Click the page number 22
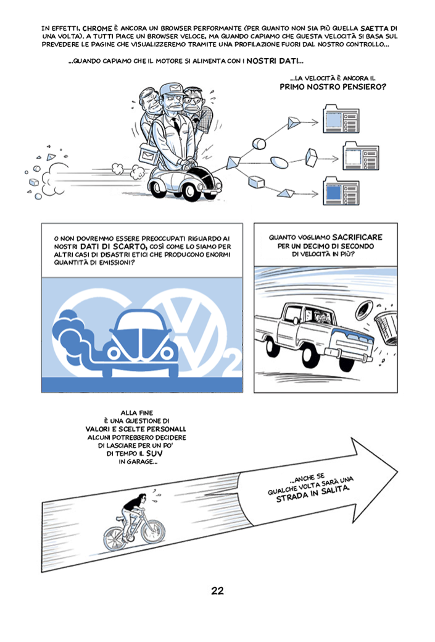pyautogui.click(x=217, y=591)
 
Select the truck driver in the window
pyautogui.click(x=319, y=319)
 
